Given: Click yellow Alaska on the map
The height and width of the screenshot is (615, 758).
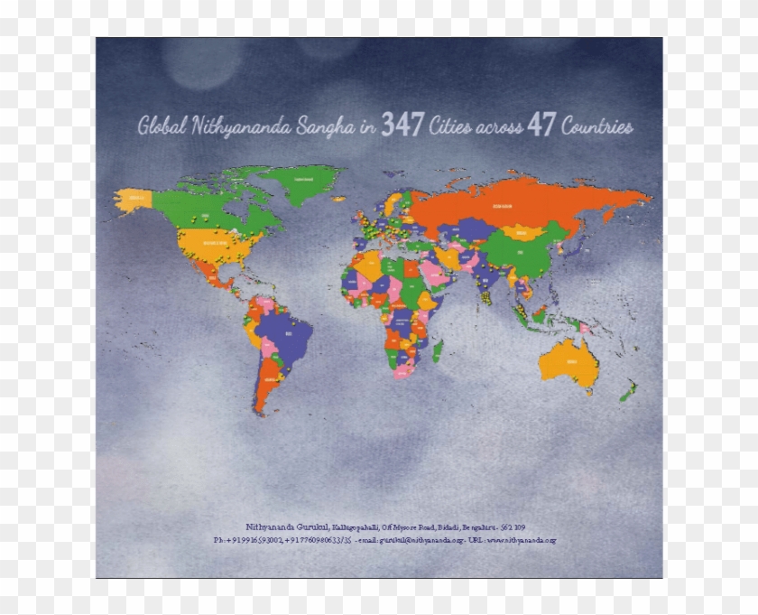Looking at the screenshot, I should click(135, 199).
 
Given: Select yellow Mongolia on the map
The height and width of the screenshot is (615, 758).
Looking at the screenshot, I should click(519, 232).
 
